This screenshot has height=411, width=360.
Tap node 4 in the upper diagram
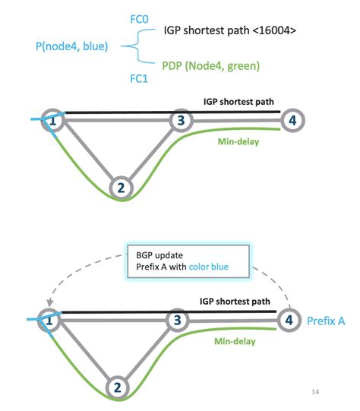pos(291,120)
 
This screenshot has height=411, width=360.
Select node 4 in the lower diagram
pos(289,320)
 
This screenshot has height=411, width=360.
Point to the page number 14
pos(316,392)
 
